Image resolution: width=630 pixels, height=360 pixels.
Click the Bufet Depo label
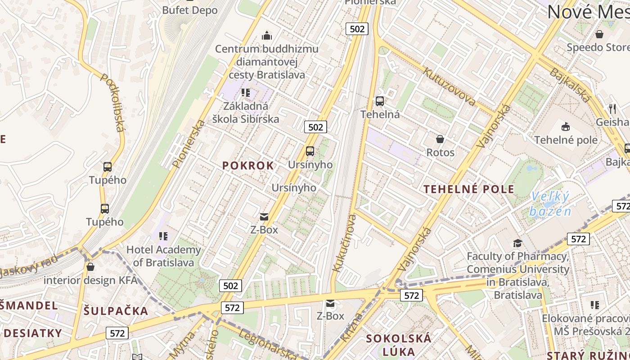(x=189, y=10)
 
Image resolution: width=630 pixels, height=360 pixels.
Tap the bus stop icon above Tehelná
(x=380, y=101)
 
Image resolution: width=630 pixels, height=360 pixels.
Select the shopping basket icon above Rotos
(x=440, y=139)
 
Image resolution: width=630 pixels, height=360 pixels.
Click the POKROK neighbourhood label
(x=248, y=166)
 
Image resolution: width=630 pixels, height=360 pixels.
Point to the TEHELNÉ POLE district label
(x=469, y=189)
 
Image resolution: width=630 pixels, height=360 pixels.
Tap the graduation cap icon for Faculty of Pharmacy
(x=517, y=243)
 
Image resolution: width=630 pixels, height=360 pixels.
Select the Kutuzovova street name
(x=449, y=85)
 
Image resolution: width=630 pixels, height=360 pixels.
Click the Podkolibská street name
(x=112, y=103)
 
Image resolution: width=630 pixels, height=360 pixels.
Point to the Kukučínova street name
(x=344, y=243)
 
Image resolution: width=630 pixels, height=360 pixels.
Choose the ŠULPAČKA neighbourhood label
(x=116, y=310)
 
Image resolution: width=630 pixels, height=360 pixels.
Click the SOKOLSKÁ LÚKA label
(x=399, y=344)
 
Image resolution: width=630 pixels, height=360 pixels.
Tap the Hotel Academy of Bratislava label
(x=163, y=256)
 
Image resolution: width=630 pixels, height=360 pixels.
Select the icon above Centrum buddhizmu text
(x=267, y=36)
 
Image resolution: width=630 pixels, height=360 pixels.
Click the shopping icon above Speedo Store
(x=599, y=34)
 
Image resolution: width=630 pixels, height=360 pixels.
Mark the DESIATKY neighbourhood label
(x=33, y=333)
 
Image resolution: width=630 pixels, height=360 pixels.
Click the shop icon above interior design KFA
(x=90, y=267)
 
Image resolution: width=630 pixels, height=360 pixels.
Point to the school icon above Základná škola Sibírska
(x=246, y=93)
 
